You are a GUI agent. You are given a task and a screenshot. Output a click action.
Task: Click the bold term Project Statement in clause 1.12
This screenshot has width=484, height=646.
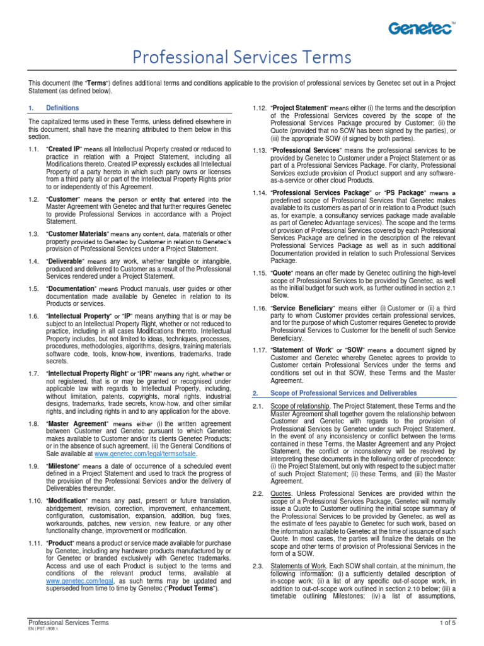pos(299,108)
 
